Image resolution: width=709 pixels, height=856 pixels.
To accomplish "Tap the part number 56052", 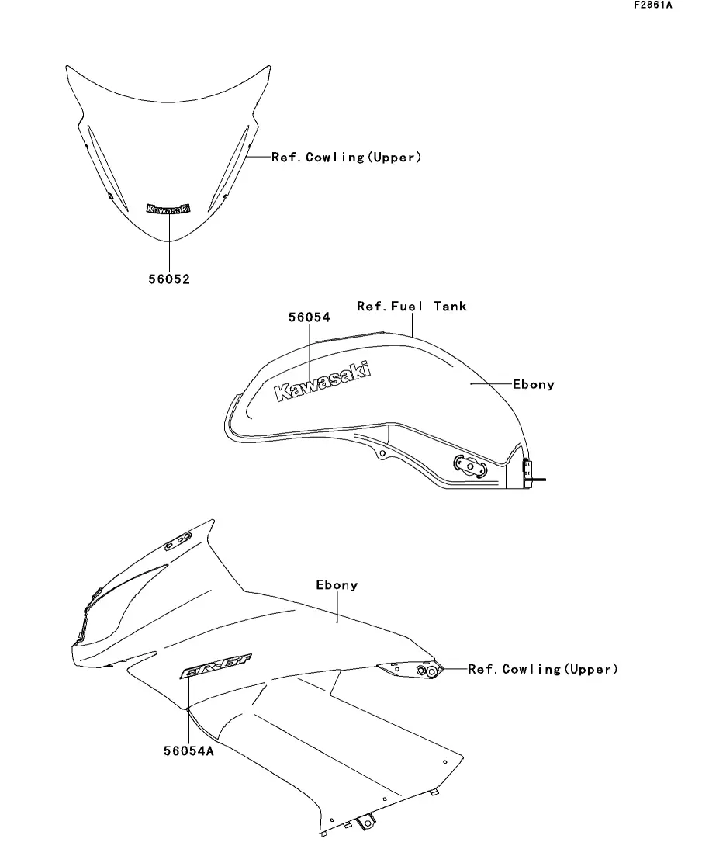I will click(169, 280).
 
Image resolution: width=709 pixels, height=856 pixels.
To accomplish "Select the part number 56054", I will click(309, 317).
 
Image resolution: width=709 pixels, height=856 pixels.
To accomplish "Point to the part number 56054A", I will click(189, 751).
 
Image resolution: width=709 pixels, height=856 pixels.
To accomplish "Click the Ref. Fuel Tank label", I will click(412, 307).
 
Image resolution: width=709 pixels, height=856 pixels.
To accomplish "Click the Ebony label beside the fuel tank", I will click(534, 384).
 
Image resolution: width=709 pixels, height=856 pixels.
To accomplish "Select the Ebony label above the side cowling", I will click(337, 585).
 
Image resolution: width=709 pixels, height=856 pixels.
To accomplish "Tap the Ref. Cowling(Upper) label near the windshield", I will click(346, 158).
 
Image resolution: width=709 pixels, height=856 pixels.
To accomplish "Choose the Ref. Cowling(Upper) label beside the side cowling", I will click(543, 669).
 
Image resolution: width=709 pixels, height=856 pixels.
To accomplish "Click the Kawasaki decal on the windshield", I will click(168, 209).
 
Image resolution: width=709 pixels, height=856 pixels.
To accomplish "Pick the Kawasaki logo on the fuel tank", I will click(322, 383).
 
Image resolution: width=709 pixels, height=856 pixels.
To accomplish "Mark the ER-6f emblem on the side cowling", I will click(207, 669).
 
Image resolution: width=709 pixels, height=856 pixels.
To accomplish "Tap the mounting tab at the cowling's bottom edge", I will click(364, 820).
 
